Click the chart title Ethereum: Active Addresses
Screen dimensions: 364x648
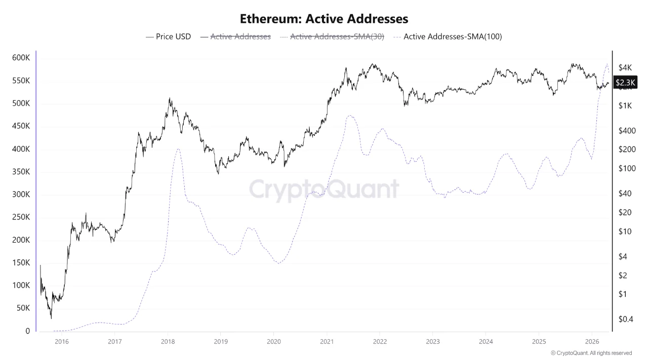coord(324,19)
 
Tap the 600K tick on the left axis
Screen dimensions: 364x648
coord(21,58)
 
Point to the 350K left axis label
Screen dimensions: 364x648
coord(21,172)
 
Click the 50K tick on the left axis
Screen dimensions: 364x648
coord(23,308)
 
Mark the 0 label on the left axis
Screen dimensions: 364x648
coord(28,331)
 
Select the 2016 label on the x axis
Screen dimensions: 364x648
coord(61,342)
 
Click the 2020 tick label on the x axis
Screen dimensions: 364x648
coord(273,342)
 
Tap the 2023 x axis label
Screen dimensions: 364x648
coord(432,342)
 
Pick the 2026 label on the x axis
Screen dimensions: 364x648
coord(592,342)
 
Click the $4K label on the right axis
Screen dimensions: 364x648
coord(625,68)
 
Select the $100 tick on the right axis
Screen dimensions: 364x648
coord(627,168)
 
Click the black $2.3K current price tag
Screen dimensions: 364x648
coord(625,82)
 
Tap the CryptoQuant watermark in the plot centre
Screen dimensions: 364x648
coord(324,190)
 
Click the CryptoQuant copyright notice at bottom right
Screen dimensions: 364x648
coord(591,353)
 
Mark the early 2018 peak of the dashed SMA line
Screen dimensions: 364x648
coord(178,149)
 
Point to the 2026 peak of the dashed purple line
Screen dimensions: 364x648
coord(606,64)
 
